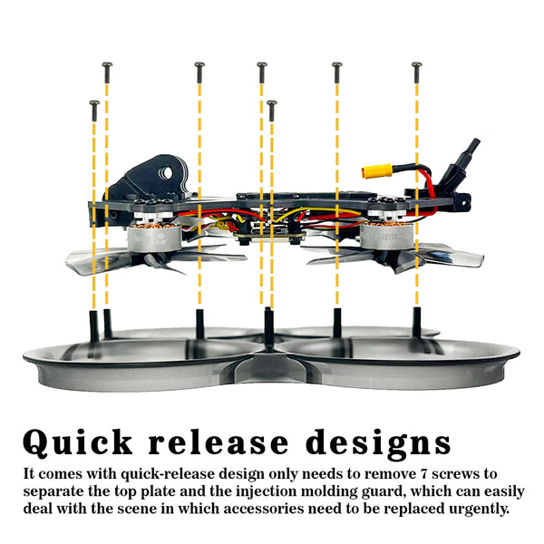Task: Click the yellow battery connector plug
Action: tap(376, 171)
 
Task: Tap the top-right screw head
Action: tap(417, 65)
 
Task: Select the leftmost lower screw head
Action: tap(94, 103)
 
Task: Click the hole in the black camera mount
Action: tap(168, 173)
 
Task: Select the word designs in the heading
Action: tap(378, 443)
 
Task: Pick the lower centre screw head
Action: tap(272, 103)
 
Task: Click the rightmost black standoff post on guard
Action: tap(417, 321)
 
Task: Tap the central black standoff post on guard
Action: tap(268, 325)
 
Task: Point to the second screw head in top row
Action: tap(199, 65)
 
